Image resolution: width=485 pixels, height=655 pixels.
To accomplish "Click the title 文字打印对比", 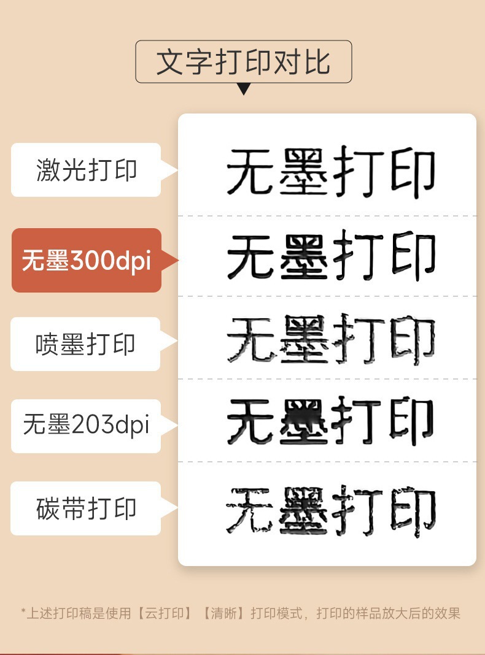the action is point(243,62).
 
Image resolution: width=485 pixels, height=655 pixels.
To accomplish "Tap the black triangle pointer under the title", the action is point(244,89).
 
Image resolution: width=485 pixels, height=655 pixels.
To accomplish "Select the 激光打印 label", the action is point(86,170).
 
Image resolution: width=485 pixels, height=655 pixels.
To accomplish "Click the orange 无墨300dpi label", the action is point(86,261).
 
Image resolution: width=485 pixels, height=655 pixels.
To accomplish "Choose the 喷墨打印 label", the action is point(85,344).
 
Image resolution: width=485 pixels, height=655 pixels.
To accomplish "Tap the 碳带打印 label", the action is point(86,509).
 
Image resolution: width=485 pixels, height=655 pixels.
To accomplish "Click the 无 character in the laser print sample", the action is point(250,171).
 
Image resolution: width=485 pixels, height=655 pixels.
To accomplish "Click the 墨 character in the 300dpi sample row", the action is point(305,255).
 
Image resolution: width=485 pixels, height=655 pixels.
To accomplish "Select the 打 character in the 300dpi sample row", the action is point(359,255).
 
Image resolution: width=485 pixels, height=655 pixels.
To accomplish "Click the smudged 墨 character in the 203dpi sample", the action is point(305,421).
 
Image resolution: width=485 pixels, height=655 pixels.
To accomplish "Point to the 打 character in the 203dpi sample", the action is point(359,421).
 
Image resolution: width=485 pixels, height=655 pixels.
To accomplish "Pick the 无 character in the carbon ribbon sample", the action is point(250,509).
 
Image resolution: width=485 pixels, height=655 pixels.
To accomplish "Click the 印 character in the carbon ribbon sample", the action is point(413,509).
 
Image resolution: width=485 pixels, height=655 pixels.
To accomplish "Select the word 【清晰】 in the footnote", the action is point(222,613).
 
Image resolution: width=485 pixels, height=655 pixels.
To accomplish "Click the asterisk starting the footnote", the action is point(23,612).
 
